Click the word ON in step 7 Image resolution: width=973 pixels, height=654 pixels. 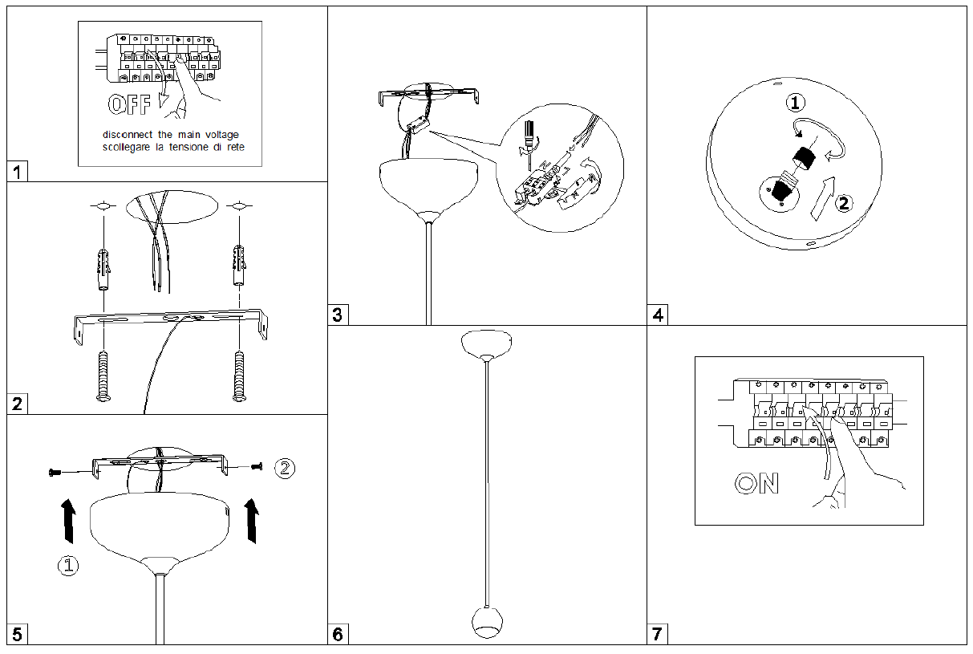click(756, 483)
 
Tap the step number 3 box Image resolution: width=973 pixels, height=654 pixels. click(337, 315)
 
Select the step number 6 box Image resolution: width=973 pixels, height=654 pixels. click(337, 635)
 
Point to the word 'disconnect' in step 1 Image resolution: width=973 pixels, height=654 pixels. click(129, 135)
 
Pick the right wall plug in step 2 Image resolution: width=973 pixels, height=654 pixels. click(237, 270)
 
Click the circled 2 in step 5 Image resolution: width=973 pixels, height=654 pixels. click(285, 468)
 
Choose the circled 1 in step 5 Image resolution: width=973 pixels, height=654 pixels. click(69, 567)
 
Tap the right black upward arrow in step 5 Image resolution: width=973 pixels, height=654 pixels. click(253, 518)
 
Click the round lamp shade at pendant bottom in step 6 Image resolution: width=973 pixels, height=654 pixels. click(486, 622)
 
